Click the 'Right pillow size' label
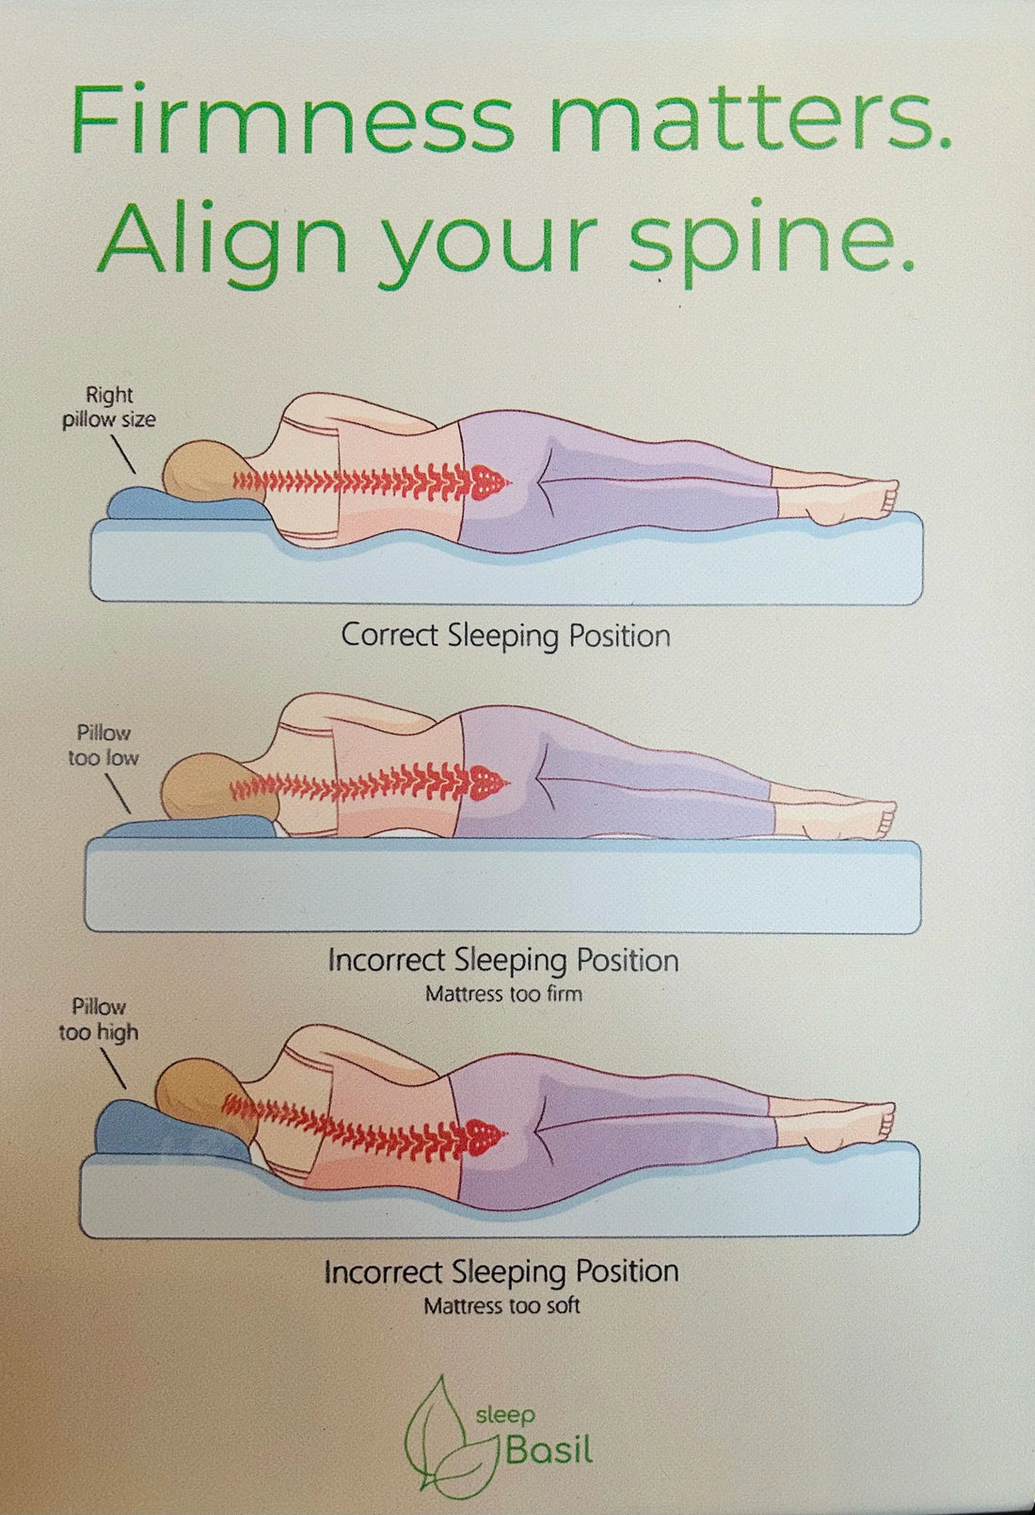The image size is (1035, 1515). tap(109, 407)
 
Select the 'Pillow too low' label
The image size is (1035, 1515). tap(103, 745)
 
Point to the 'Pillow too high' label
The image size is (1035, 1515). tap(99, 1019)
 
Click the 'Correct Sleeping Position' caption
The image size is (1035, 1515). tap(505, 636)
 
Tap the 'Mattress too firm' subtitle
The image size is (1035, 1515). tap(503, 994)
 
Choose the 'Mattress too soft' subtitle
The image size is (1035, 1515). tap(502, 1306)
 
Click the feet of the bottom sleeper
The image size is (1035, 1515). tap(861, 1124)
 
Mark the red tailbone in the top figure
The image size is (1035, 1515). tap(491, 481)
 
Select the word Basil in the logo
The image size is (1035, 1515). tap(549, 1450)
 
